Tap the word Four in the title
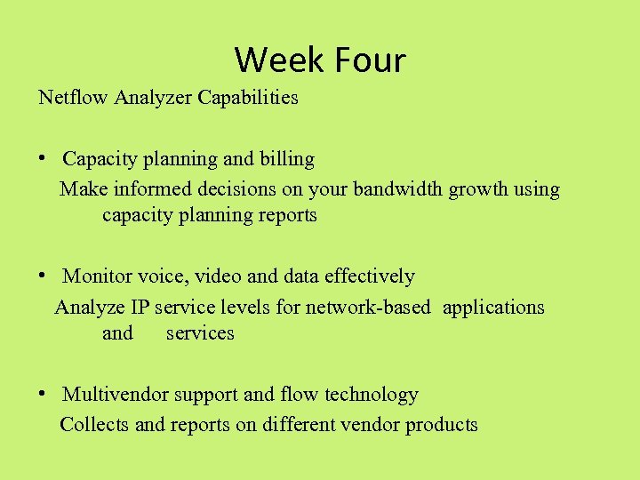(367, 60)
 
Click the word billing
(286, 159)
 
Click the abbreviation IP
(140, 308)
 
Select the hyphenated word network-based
(368, 308)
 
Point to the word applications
(493, 308)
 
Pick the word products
(441, 425)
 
